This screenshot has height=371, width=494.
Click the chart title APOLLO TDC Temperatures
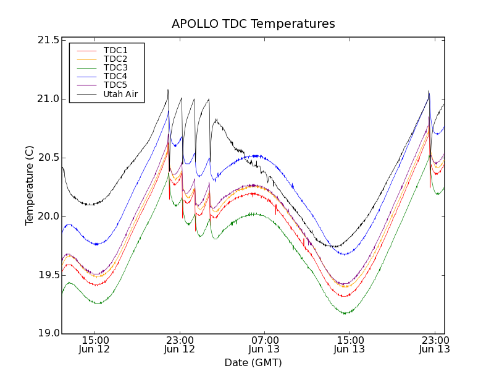[x=253, y=24]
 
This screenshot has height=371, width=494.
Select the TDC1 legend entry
[x=115, y=50]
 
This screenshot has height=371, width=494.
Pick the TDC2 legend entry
[x=115, y=59]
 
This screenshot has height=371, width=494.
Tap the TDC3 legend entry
[x=115, y=67]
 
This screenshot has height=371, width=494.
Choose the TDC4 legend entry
[x=115, y=76]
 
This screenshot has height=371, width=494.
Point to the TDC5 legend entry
[x=115, y=85]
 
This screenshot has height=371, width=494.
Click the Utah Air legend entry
[x=120, y=94]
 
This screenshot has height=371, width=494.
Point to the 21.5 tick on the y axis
[x=48, y=40]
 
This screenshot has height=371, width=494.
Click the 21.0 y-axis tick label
[x=48, y=99]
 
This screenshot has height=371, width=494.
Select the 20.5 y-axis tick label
[x=48, y=158]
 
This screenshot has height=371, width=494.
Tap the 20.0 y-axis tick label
[x=48, y=216]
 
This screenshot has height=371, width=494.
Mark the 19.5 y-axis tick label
[x=48, y=275]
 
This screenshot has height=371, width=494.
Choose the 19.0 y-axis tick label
[x=48, y=334]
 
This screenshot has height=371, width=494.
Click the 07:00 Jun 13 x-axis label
[x=264, y=344]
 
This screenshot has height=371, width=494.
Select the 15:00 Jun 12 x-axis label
[x=94, y=344]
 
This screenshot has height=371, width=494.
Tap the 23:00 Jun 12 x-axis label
[x=180, y=344]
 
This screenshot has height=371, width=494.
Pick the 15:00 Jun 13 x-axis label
[x=350, y=344]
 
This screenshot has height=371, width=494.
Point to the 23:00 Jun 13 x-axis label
[x=434, y=344]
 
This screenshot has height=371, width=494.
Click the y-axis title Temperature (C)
[x=30, y=185]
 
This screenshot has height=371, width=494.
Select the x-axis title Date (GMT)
[x=253, y=362]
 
